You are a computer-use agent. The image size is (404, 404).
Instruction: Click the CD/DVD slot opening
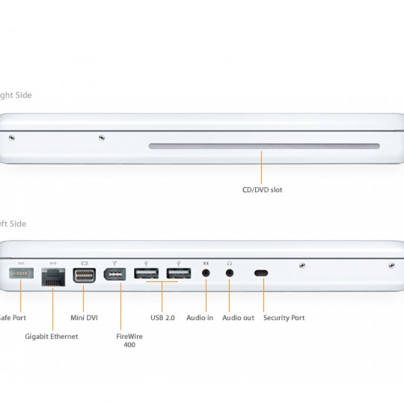pyautogui.click(x=264, y=146)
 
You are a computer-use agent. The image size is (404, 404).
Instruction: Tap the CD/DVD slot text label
pyautogui.click(x=262, y=190)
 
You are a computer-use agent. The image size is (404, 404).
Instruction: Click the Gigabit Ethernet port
pyautogui.click(x=53, y=277)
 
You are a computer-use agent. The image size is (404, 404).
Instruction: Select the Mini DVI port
pyautogui.click(x=84, y=276)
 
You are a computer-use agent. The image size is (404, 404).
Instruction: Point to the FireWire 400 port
pyautogui.click(x=115, y=276)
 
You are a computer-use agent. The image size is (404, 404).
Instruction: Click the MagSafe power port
pyautogui.click(x=21, y=274)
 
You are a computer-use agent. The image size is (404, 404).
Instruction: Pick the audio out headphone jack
pyautogui.click(x=229, y=273)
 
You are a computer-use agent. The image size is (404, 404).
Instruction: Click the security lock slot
pyautogui.click(x=261, y=273)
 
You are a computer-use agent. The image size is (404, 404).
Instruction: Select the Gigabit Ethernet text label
pyautogui.click(x=52, y=336)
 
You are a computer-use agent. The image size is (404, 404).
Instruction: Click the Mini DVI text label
pyautogui.click(x=84, y=318)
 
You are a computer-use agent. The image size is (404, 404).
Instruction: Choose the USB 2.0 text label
pyautogui.click(x=162, y=318)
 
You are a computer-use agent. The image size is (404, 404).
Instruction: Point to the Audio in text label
pyautogui.click(x=200, y=318)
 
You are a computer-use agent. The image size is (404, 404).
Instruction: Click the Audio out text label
pyautogui.click(x=238, y=318)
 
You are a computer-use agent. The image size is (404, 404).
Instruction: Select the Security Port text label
pyautogui.click(x=284, y=318)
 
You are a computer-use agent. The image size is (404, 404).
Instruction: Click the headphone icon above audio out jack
pyautogui.click(x=229, y=263)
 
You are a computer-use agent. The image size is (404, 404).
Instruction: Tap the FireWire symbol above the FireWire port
pyautogui.click(x=115, y=263)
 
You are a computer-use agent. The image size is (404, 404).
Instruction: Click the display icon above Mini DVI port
pyautogui.click(x=84, y=263)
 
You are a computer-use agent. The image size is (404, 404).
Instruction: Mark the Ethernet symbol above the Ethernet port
pyautogui.click(x=53, y=263)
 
